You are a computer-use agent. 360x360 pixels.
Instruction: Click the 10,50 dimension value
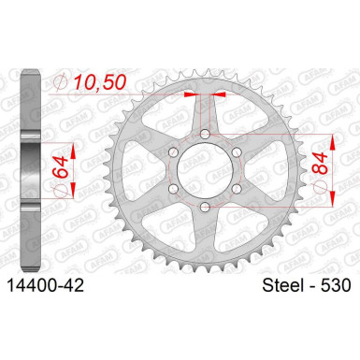[x=100, y=82]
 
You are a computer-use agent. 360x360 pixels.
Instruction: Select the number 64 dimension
[x=60, y=166]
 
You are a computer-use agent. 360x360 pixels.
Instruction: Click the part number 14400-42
[x=46, y=285]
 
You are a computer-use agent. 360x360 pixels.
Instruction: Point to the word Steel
[x=283, y=285]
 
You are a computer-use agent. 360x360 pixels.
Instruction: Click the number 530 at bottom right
[x=336, y=285]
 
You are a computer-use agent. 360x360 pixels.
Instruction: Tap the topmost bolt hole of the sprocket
[x=205, y=135]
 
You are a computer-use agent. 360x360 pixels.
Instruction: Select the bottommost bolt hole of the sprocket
[x=205, y=207]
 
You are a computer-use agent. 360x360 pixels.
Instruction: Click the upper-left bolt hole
[x=173, y=152]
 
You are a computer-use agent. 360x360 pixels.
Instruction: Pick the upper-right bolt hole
[x=237, y=152]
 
